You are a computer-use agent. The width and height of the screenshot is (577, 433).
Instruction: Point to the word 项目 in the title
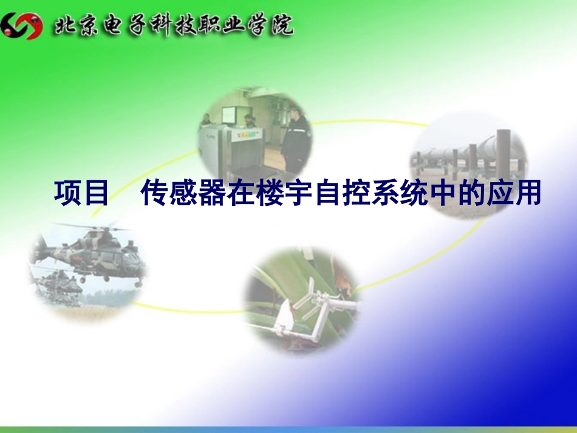click(82, 194)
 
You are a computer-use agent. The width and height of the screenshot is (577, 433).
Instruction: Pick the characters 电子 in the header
click(120, 26)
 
